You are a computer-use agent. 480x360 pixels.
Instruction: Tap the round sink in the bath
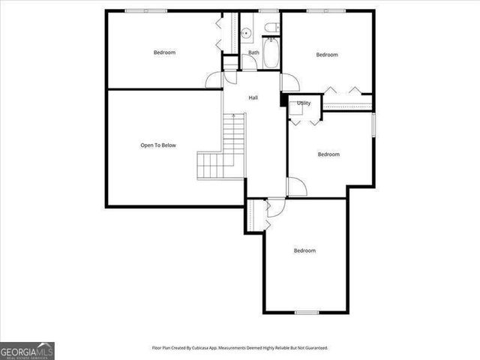245,33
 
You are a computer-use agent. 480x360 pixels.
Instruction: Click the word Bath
254,52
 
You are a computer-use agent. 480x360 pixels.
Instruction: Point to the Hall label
253,97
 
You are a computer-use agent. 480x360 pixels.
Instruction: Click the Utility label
304,103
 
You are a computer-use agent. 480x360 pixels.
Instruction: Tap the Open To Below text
158,145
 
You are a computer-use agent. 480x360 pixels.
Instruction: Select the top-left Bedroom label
164,52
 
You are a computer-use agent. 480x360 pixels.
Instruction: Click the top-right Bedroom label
327,55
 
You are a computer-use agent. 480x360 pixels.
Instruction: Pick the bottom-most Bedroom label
304,250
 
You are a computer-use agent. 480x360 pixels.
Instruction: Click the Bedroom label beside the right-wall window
328,154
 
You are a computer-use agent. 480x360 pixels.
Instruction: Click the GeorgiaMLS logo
27,350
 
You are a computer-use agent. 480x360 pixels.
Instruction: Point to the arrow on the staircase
234,116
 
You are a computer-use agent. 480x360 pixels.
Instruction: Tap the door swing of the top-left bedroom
214,80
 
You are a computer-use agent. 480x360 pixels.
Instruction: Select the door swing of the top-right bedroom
289,82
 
